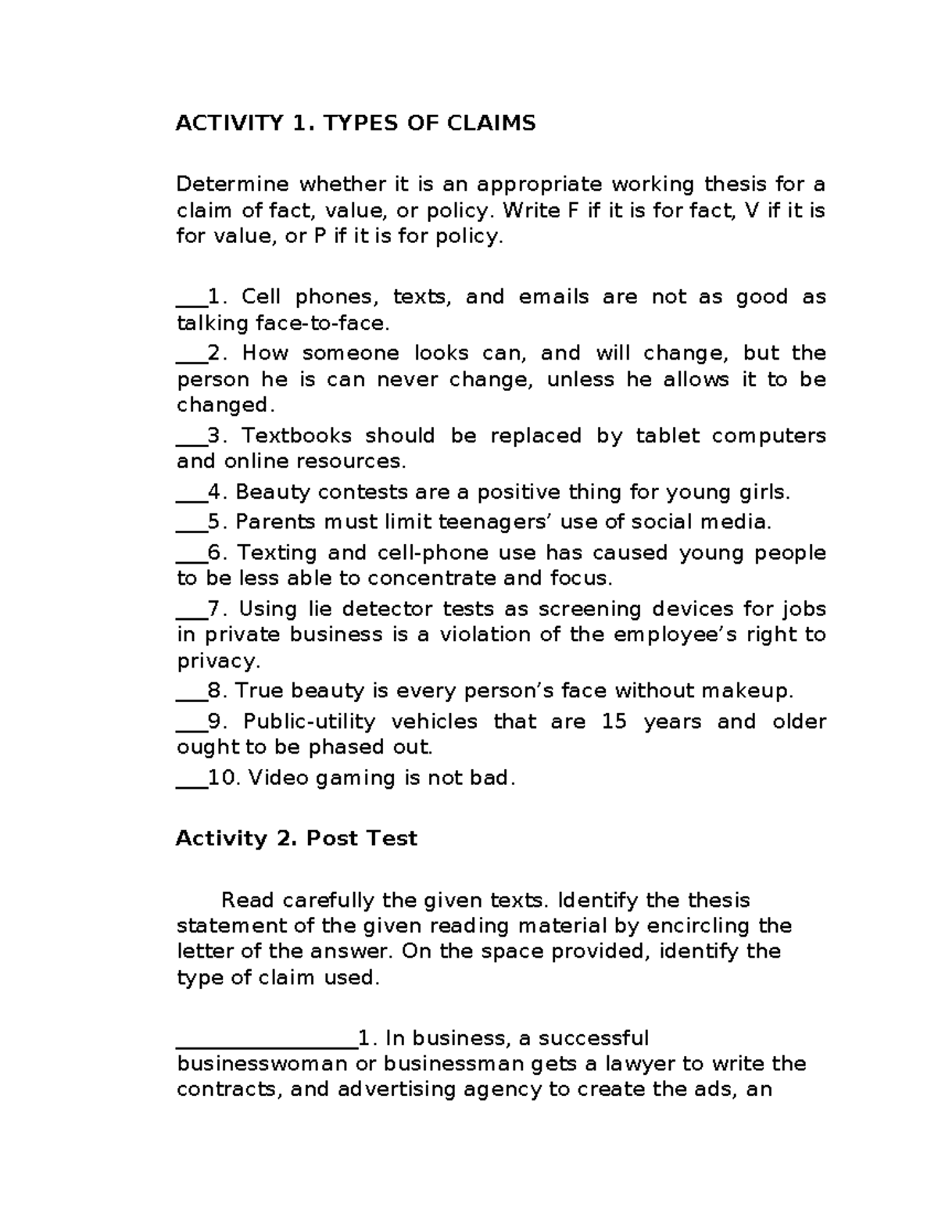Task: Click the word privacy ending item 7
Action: pos(217,661)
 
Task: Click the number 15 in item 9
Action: pos(614,722)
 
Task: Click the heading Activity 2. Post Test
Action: pos(296,839)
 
